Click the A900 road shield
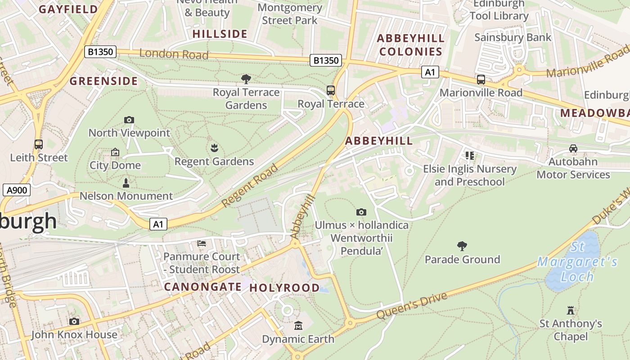click(17, 190)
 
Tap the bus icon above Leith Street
click(39, 144)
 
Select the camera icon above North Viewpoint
click(129, 120)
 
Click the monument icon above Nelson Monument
click(126, 183)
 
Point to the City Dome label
click(115, 165)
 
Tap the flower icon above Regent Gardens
click(214, 148)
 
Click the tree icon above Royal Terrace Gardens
click(246, 79)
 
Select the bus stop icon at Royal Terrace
click(331, 90)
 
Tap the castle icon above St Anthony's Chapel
click(571, 310)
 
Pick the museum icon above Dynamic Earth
click(298, 325)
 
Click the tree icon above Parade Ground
click(462, 246)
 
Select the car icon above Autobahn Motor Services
click(573, 148)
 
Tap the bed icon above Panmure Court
click(202, 243)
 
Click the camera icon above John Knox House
click(74, 321)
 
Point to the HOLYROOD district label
click(284, 288)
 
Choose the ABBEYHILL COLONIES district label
click(410, 45)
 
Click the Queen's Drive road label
click(412, 305)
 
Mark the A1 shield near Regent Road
click(158, 224)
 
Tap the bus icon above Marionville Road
click(481, 80)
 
